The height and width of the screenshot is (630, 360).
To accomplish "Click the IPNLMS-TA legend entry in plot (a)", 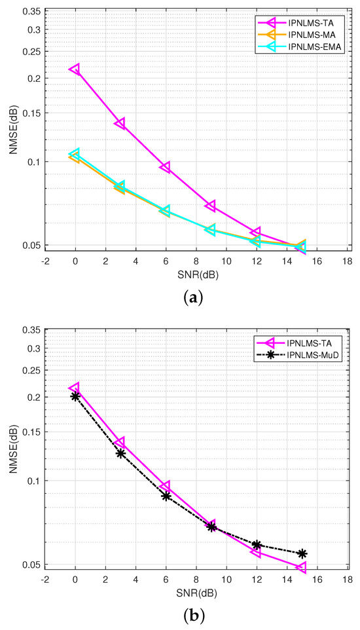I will click(x=310, y=22).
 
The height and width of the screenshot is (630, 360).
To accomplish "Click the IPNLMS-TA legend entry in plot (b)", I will click(x=310, y=342).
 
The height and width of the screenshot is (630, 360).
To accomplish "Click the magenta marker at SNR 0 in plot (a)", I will click(x=75, y=69).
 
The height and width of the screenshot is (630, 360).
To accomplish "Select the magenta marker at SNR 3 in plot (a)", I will click(x=120, y=123).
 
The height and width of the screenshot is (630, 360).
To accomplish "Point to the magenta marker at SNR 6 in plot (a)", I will click(x=166, y=168).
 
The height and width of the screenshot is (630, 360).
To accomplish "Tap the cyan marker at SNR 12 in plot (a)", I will click(x=256, y=242).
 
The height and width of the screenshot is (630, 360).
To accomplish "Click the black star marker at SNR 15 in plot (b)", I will click(x=302, y=553).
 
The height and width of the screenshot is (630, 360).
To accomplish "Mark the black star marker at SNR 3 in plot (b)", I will click(x=120, y=453).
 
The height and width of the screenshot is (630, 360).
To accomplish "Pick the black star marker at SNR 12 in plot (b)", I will click(x=257, y=545).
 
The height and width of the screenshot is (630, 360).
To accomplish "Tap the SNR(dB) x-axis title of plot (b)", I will click(x=196, y=593).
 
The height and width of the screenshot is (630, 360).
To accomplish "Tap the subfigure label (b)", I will click(x=195, y=616).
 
